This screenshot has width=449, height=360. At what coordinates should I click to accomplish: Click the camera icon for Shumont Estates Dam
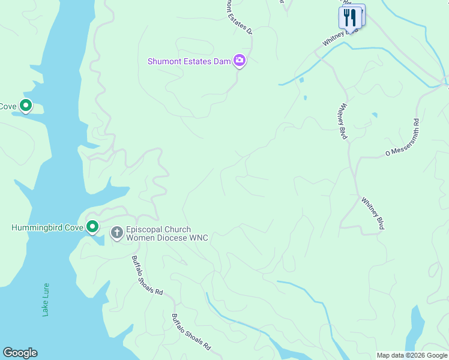[x=240, y=61]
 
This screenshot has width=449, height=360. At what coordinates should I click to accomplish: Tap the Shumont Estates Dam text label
[x=190, y=61]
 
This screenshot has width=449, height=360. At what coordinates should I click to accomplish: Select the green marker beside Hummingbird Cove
[x=92, y=227]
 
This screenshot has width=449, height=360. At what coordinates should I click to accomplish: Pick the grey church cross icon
[x=116, y=232]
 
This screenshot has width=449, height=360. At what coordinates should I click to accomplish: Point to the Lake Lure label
[x=46, y=299]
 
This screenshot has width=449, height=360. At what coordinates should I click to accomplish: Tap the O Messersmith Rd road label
[x=402, y=138]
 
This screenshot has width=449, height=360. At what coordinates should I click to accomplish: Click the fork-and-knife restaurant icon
[x=350, y=17]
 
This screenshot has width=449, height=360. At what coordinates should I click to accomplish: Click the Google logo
[x=20, y=353]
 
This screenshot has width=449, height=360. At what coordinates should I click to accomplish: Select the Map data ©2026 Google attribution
[x=412, y=355]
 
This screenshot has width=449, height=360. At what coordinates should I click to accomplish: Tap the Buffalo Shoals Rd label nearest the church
[x=148, y=275]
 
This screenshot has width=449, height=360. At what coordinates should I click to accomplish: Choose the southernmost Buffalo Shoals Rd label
[x=191, y=332]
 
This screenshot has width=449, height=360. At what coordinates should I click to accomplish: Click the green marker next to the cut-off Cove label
[x=26, y=106]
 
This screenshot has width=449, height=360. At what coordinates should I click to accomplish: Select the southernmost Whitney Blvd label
[x=372, y=212]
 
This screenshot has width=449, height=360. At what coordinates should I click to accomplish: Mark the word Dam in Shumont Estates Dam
[x=224, y=61]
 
